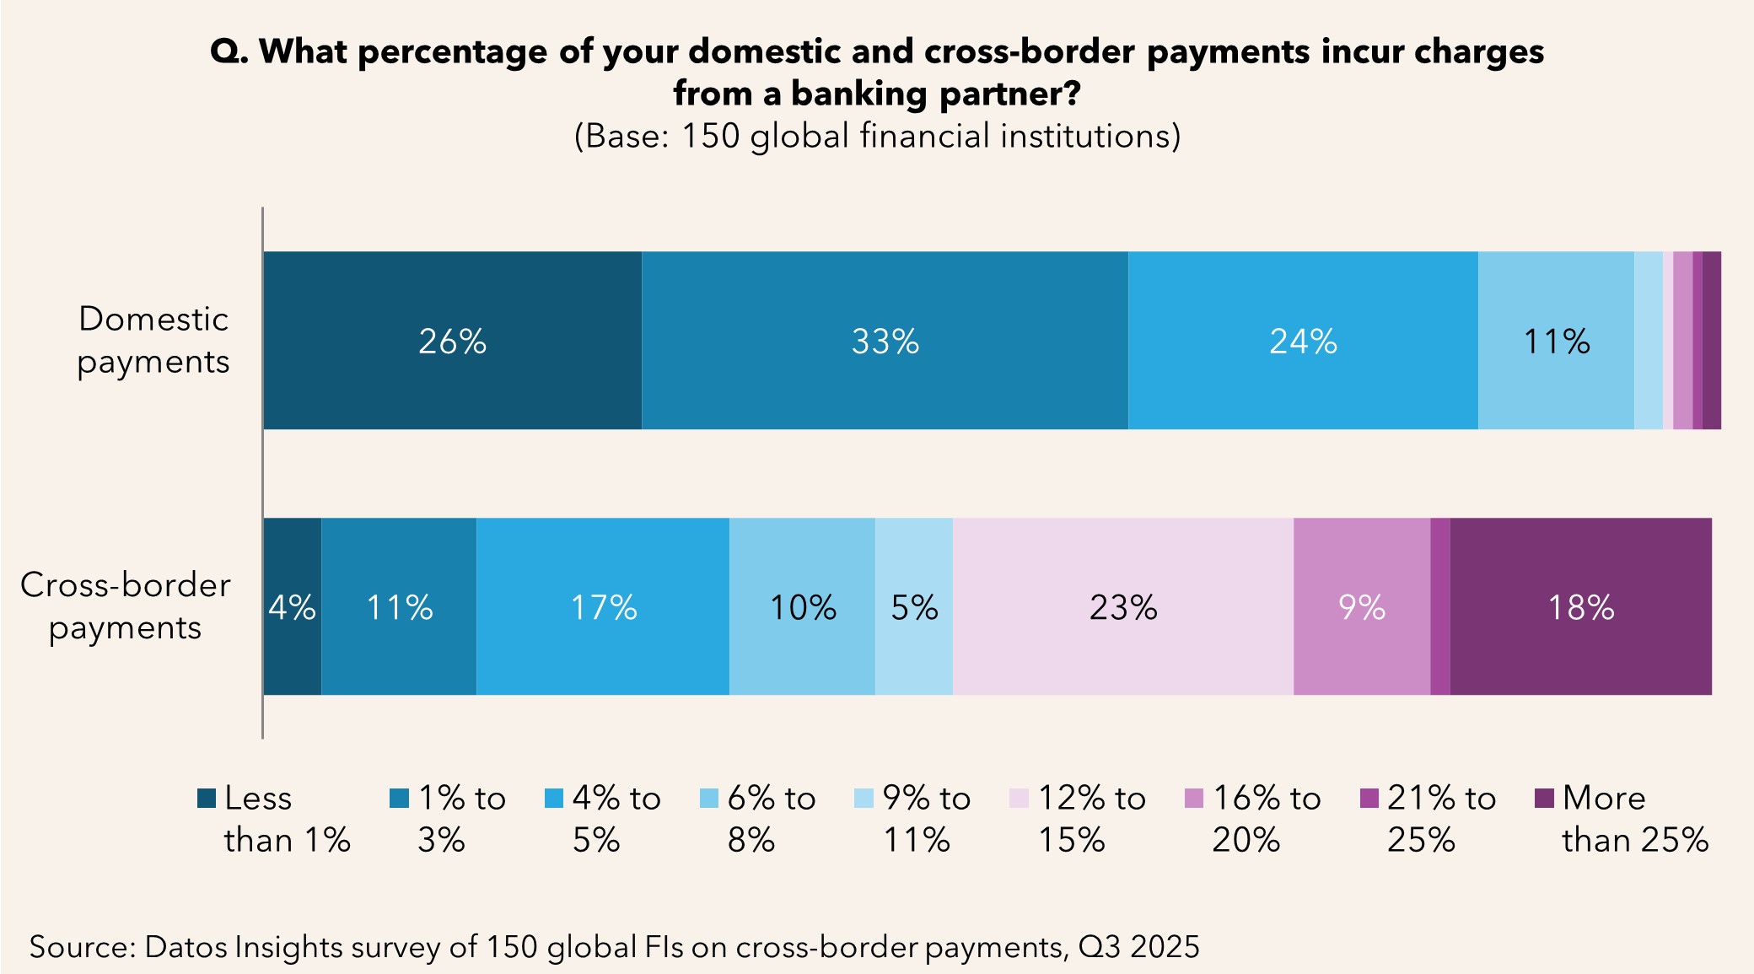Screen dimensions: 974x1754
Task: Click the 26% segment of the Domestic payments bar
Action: click(452, 341)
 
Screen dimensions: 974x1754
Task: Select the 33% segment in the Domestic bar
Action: click(885, 341)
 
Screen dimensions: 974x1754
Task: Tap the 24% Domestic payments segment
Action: click(1303, 341)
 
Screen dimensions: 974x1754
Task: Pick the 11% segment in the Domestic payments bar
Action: click(1556, 341)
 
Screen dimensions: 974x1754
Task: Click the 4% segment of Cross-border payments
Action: click(292, 607)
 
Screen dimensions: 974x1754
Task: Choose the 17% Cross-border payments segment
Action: click(603, 607)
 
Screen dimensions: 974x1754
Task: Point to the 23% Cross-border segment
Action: click(1123, 607)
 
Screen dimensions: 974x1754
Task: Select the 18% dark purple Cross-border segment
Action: click(1581, 607)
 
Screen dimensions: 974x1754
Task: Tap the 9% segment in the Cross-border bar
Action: click(1362, 607)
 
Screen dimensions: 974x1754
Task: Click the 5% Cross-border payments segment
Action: click(914, 607)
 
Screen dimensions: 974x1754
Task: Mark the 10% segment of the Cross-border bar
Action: click(802, 607)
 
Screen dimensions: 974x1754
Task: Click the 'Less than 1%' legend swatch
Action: click(207, 798)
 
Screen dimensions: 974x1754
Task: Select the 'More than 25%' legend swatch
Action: click(1544, 798)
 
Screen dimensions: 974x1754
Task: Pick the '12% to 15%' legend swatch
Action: click(1019, 798)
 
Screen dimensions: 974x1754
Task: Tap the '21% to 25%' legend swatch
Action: click(1369, 798)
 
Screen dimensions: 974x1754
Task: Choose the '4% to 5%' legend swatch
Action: click(554, 798)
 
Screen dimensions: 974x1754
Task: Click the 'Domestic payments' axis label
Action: click(153, 340)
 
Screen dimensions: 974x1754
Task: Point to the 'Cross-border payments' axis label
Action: click(125, 605)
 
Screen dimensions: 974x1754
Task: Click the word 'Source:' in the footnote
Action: click(83, 946)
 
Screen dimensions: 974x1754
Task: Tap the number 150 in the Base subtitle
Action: click(710, 136)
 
